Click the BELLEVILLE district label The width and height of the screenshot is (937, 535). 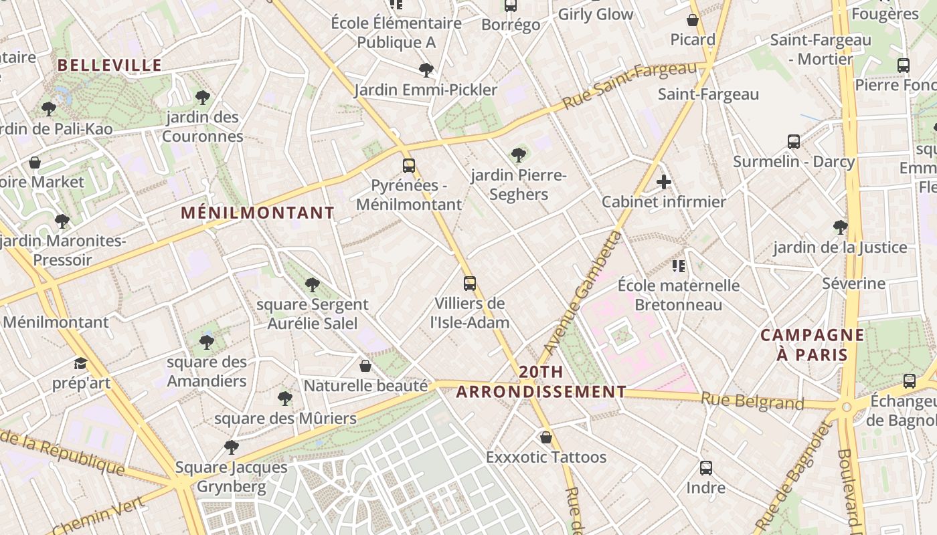[x=110, y=65]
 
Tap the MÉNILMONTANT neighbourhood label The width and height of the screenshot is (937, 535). [x=258, y=213]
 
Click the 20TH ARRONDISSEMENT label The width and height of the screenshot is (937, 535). [x=541, y=382]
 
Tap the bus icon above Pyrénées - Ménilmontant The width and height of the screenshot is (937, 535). [x=408, y=165]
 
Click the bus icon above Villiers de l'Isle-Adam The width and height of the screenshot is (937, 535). [x=470, y=283]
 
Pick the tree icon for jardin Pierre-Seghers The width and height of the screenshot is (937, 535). [x=518, y=155]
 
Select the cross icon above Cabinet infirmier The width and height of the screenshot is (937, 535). [x=663, y=182]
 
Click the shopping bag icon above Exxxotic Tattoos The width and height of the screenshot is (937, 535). [x=546, y=437]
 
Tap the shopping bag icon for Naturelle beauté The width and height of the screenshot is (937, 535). [x=365, y=366]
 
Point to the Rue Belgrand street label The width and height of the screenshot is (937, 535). [x=752, y=402]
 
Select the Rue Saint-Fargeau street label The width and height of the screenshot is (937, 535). [x=630, y=86]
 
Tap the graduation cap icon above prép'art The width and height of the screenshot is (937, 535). [x=80, y=363]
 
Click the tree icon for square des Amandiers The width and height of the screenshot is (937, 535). [x=206, y=342]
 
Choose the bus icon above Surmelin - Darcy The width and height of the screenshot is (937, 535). [x=794, y=141]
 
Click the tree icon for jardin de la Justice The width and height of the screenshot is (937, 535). [x=840, y=227]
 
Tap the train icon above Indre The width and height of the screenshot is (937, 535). [x=705, y=467]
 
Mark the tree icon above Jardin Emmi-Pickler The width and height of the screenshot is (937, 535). [x=426, y=70]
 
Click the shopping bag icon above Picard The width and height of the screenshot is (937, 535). [x=693, y=20]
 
